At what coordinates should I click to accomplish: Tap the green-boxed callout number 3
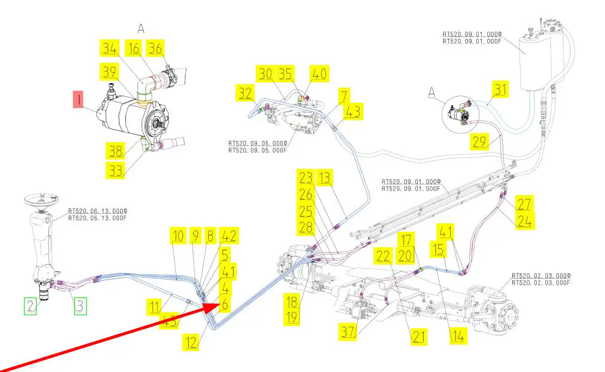(x=80, y=307)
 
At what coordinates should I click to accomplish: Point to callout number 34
(x=109, y=48)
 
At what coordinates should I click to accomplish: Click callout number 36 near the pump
(x=155, y=48)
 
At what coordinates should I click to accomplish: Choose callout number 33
(x=115, y=171)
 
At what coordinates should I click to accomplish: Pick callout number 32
(x=245, y=93)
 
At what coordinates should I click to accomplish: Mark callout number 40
(x=319, y=74)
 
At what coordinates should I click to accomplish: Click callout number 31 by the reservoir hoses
(x=500, y=90)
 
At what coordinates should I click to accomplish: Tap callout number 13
(x=325, y=178)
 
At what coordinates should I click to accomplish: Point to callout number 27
(x=524, y=204)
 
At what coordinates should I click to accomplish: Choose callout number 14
(x=457, y=336)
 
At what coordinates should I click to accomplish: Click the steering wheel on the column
(x=40, y=199)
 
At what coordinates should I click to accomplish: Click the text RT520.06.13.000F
(x=97, y=218)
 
